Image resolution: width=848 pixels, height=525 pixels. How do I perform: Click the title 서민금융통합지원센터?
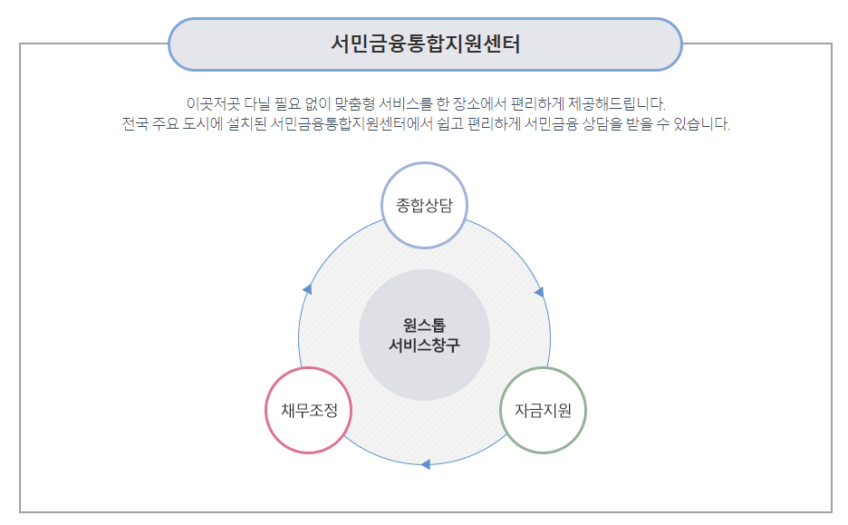coord(425,44)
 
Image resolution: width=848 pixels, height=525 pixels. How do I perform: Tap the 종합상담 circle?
coord(425,205)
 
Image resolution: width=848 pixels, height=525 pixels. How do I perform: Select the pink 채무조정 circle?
coord(308,410)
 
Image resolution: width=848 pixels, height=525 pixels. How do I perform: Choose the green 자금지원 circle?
coord(544,410)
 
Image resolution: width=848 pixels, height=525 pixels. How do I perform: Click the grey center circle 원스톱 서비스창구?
coord(424,335)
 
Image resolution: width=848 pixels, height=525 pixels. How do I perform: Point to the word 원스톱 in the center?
coord(424,325)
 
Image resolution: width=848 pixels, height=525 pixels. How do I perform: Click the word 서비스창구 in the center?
coord(424,345)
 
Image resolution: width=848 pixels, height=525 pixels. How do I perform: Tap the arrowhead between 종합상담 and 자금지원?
coord(539,292)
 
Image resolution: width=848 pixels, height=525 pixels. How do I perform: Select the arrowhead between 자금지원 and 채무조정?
coord(426,464)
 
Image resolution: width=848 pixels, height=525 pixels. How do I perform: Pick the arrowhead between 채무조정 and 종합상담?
coord(307,289)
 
